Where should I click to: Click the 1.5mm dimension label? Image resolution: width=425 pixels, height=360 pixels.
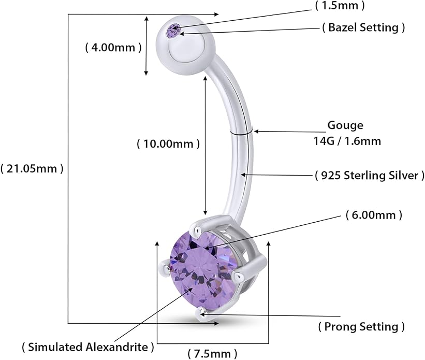point(340,5)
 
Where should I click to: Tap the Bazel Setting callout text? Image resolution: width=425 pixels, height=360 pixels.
point(363,27)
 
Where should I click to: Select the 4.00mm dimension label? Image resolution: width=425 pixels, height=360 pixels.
point(113,48)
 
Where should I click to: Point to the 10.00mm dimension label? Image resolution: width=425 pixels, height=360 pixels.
point(168,143)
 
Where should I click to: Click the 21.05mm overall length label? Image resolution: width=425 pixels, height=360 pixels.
point(32,168)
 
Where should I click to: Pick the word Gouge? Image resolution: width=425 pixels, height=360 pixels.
point(345,125)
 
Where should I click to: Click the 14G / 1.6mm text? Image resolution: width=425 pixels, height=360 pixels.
point(347,141)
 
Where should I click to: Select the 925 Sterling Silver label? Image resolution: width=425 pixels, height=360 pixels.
point(370,175)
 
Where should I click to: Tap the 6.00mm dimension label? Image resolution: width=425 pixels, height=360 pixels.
point(374,215)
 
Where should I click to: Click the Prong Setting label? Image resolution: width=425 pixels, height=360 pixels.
point(361,326)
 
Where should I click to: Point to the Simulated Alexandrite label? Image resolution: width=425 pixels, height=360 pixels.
point(88,347)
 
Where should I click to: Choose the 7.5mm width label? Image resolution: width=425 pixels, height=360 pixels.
point(212,354)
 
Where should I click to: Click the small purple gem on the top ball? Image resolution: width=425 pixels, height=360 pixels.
point(173,30)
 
